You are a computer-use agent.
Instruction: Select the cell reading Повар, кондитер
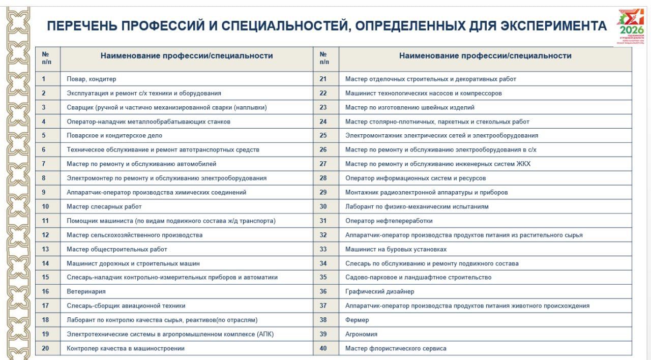coord(92,79)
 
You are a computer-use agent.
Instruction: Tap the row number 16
coord(45,291)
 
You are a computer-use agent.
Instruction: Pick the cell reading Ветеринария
coord(86,291)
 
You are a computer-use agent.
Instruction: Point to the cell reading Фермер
coord(357,320)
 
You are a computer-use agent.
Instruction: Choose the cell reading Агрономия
coord(361,334)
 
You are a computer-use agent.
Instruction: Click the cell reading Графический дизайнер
coord(379,291)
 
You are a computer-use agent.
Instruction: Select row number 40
coord(323,348)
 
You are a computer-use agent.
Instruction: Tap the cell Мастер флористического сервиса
coord(396,348)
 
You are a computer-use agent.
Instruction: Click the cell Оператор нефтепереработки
coord(389,221)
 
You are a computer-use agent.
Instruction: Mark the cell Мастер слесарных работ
coord(104,206)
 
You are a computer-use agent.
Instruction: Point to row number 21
coord(323,79)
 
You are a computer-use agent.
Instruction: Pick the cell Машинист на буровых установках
coord(396,249)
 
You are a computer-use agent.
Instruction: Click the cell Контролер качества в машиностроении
coord(126,348)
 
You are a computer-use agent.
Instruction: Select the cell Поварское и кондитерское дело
coord(114,136)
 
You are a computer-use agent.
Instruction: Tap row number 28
coord(323,178)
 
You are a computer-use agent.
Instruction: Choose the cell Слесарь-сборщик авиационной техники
coord(126,306)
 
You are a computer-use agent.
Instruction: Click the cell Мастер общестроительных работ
coord(117,249)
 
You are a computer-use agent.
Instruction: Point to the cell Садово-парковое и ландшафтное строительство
coord(419,277)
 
